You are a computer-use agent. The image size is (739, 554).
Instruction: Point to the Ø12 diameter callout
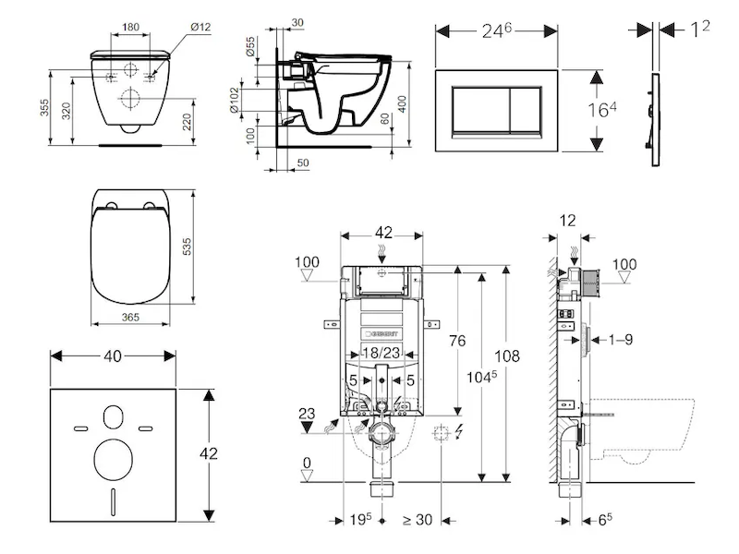[x=200, y=28]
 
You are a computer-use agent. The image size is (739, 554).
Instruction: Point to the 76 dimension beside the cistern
[x=456, y=341]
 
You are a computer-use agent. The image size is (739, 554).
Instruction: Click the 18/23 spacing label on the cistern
[x=380, y=354]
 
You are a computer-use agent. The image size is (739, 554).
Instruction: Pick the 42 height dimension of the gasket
[x=212, y=453]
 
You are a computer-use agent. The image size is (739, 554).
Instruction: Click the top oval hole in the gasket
[x=114, y=417]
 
